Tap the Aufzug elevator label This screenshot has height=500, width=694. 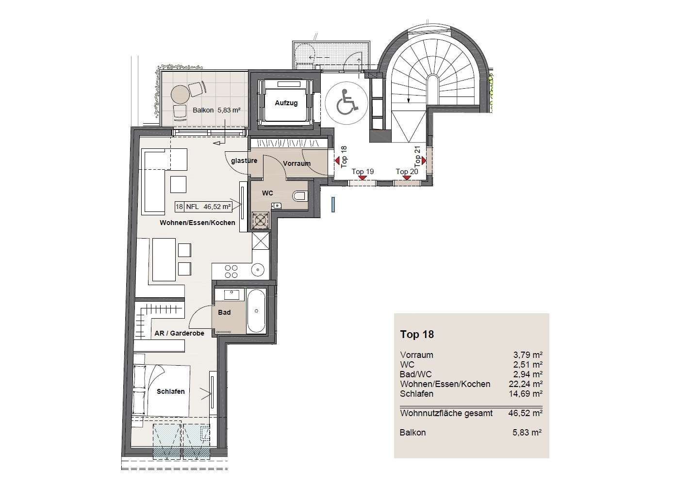(x=286, y=103)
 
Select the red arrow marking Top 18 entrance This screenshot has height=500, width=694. (x=337, y=161)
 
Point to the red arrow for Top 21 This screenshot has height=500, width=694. (x=424, y=161)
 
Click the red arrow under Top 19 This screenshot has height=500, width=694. (x=362, y=177)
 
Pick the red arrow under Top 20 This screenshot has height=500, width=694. (x=406, y=177)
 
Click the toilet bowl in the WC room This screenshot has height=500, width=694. (x=299, y=195)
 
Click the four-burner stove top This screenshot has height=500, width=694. (x=231, y=271)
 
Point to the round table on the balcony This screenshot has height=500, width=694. (x=181, y=95)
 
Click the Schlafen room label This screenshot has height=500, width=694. (x=170, y=391)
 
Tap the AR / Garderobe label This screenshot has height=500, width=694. (x=179, y=333)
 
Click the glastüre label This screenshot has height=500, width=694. (x=244, y=161)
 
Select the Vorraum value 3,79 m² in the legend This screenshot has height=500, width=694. (x=528, y=355)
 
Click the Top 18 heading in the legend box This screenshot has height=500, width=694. (x=417, y=334)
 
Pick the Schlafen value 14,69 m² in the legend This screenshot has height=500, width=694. (x=526, y=394)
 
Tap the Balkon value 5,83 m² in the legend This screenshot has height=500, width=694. (x=527, y=433)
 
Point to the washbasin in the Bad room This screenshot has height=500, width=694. (x=231, y=295)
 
